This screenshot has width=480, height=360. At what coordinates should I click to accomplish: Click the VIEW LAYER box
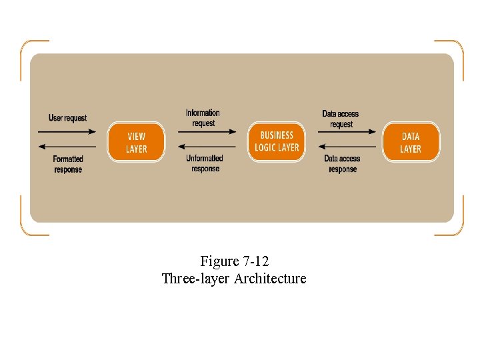136,142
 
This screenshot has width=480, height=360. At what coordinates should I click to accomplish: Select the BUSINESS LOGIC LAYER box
277,141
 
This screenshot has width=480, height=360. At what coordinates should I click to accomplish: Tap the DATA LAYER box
411,142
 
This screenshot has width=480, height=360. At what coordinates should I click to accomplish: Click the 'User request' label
67,118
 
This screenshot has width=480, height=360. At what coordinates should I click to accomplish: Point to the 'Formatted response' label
68,164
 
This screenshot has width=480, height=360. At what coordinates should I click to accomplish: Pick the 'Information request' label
203,118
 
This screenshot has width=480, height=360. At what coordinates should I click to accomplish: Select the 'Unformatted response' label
205,163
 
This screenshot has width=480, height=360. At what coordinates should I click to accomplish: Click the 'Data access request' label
341,119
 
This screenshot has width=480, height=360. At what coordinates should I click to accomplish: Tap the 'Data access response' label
342,164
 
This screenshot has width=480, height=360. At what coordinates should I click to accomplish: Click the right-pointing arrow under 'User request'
67,131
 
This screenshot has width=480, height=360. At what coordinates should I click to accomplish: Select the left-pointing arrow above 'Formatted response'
67,147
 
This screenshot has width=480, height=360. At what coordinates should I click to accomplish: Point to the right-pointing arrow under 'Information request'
207,131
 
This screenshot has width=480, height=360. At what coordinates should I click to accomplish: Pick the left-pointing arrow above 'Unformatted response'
207,147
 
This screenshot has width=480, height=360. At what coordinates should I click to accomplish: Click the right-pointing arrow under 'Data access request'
347,131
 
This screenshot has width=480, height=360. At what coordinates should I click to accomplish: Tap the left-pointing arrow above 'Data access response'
347,147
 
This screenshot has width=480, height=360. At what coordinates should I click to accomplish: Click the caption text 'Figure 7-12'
234,261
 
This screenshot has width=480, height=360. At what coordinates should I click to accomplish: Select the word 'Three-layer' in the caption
195,279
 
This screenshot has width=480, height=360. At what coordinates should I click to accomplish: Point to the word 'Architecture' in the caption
270,279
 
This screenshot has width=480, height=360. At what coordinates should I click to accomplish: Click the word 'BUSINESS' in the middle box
277,135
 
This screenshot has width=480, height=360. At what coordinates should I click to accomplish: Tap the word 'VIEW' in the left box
136,137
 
